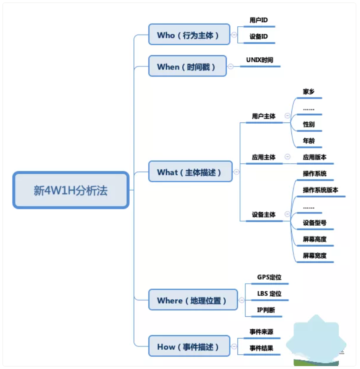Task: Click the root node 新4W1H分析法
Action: (71, 190)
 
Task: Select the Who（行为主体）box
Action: (189, 35)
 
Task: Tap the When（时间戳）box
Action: (187, 66)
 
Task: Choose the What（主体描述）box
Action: (190, 172)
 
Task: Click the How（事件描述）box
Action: (189, 346)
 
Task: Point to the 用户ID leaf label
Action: (258, 20)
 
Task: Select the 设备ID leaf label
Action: (258, 36)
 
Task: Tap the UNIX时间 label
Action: (260, 60)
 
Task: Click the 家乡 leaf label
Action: (309, 92)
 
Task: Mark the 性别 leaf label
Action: (309, 124)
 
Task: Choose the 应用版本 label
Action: (315, 158)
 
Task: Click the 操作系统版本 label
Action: (321, 190)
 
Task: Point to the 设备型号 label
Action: (315, 223)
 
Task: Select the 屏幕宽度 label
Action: (315, 255)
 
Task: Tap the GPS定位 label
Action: (269, 277)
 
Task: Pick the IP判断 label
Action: (266, 310)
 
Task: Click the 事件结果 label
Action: (261, 348)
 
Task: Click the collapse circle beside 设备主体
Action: (287, 214)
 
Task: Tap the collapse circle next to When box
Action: (230, 66)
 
